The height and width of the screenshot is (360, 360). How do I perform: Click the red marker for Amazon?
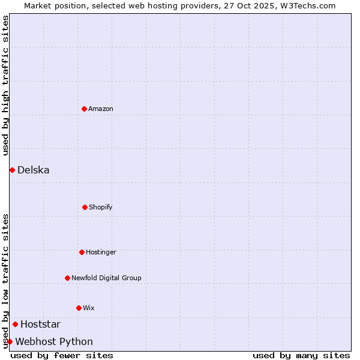(84, 109)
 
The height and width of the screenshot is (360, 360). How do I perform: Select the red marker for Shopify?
(85, 207)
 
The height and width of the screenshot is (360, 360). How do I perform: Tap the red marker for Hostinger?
(82, 252)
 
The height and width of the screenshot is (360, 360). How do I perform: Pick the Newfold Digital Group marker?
(67, 278)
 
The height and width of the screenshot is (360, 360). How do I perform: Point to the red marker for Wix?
(79, 308)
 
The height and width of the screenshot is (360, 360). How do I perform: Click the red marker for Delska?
(12, 170)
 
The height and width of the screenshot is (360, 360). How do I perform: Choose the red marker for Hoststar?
(15, 324)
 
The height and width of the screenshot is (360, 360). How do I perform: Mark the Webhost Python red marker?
(10, 341)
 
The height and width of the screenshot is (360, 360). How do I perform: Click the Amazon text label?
(101, 109)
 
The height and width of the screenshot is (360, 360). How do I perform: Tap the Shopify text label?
(101, 207)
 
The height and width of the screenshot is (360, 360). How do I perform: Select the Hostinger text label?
(101, 252)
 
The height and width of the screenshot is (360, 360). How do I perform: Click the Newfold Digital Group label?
(106, 278)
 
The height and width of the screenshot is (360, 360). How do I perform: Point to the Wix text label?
(89, 308)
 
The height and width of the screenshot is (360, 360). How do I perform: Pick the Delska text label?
(34, 170)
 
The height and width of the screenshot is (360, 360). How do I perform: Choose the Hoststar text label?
(40, 324)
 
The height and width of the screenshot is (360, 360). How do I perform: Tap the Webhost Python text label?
(54, 341)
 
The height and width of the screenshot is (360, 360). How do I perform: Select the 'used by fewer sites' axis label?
(62, 355)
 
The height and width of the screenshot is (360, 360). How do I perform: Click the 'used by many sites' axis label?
(301, 355)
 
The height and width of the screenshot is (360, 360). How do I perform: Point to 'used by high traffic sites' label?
(5, 85)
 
